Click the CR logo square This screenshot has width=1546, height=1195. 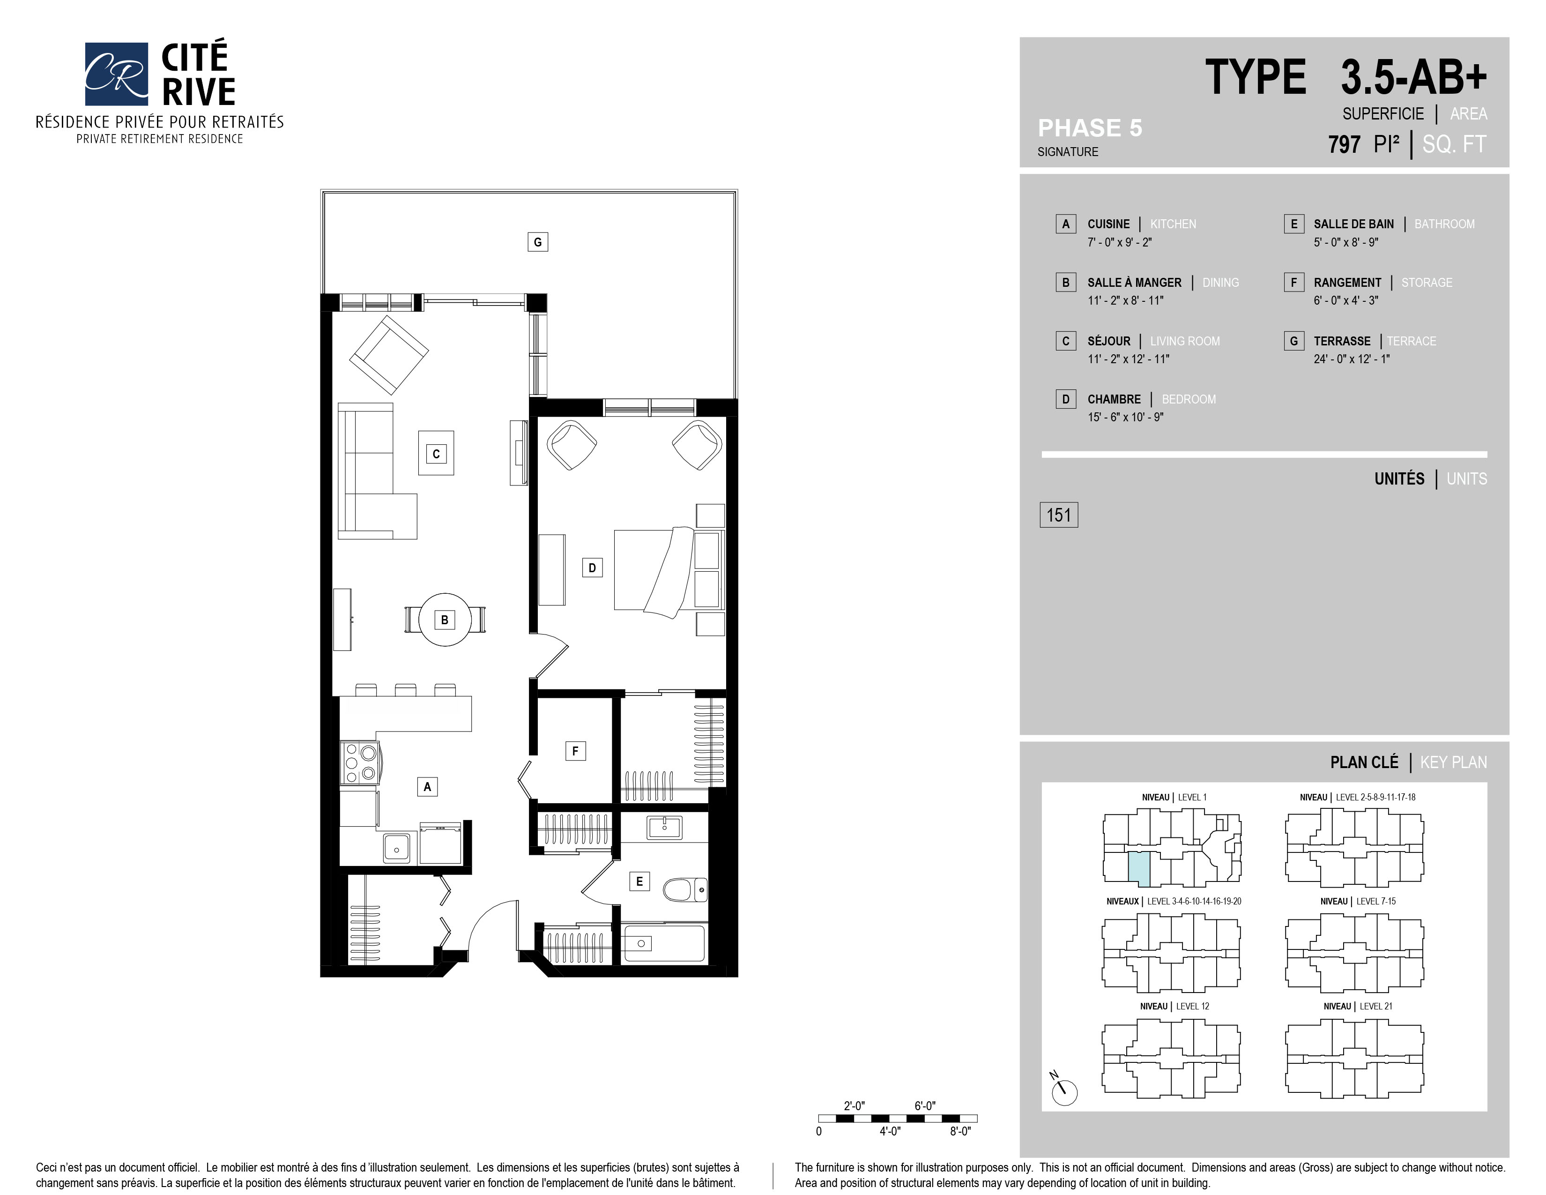[x=116, y=74]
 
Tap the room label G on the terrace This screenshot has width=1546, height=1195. [x=537, y=242]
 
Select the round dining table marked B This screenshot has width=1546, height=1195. [x=445, y=620]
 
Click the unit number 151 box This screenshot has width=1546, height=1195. [x=1058, y=515]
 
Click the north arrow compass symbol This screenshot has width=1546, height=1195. [x=1063, y=1091]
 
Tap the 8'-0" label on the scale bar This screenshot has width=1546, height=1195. [x=960, y=1131]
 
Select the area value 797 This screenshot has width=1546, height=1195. [x=1344, y=144]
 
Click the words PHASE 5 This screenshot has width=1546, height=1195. [x=1089, y=128]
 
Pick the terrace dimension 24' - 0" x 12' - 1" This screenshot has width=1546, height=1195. [x=1351, y=359]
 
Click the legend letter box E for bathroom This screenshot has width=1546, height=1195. [x=1293, y=224]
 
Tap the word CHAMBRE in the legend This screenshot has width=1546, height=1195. [x=1114, y=399]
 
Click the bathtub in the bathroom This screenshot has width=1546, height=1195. [x=664, y=943]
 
